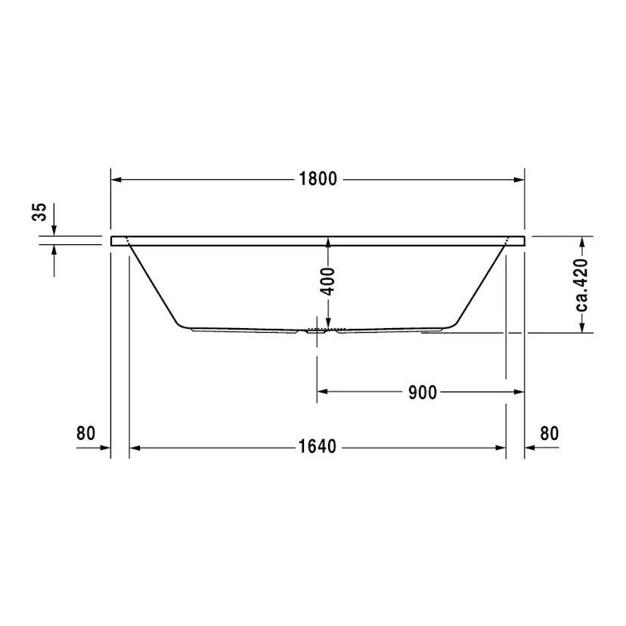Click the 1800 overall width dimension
click(x=318, y=179)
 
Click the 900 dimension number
click(x=422, y=392)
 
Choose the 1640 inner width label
click(x=317, y=447)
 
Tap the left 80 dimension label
click(x=85, y=433)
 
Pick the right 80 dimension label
click(x=549, y=433)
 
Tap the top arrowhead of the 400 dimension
click(x=328, y=242)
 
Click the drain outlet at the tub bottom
click(x=318, y=330)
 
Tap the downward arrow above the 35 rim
click(x=54, y=229)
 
